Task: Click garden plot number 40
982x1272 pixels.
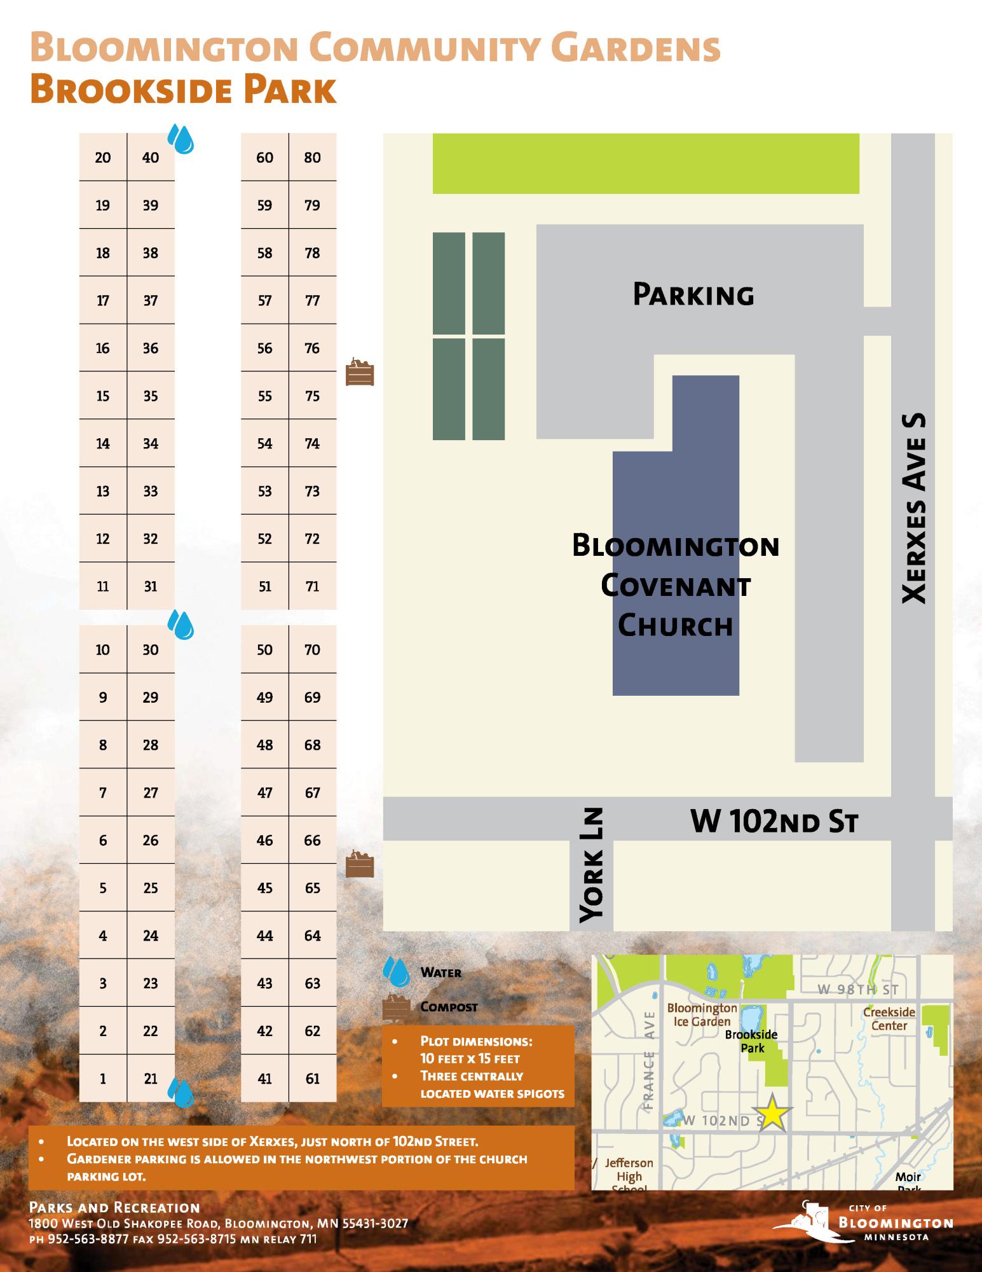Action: point(151,158)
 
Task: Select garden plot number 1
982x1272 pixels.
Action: point(103,1079)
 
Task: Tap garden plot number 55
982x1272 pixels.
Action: point(264,396)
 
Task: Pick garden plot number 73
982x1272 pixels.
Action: point(312,491)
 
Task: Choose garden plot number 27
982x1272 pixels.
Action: point(151,792)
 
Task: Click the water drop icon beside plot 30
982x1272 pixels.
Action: point(181,625)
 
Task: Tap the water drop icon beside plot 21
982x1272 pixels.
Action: point(181,1093)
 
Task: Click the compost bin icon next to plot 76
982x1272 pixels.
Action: point(360,372)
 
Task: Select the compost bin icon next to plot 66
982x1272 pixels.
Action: point(360,865)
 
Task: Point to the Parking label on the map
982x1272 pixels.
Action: point(693,295)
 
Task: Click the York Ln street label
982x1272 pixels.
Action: point(592,865)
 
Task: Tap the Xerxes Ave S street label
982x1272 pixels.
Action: point(915,509)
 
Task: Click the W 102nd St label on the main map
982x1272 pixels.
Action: point(774,821)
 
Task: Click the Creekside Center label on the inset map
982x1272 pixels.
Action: point(889,1018)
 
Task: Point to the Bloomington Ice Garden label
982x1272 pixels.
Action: point(702,1014)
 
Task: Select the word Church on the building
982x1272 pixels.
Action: point(676,625)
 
